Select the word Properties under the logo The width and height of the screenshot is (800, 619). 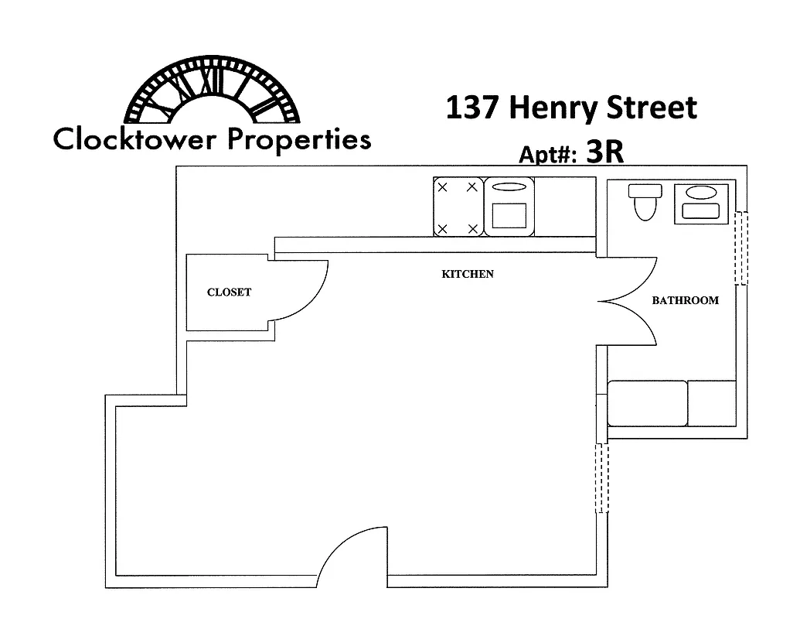click(x=299, y=141)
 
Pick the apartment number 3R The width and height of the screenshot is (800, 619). click(x=604, y=152)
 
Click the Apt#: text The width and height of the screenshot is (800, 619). click(x=548, y=154)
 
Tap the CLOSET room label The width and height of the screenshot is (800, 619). click(x=229, y=292)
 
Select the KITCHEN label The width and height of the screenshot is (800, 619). click(x=467, y=274)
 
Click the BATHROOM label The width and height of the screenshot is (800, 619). click(x=685, y=300)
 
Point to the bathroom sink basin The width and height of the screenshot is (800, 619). click(x=701, y=193)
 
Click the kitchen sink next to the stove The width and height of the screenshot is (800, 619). click(x=509, y=206)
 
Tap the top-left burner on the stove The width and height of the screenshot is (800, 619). click(x=442, y=187)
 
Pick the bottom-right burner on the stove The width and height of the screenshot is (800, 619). click(x=471, y=228)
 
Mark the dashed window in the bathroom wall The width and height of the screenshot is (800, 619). click(x=740, y=248)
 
